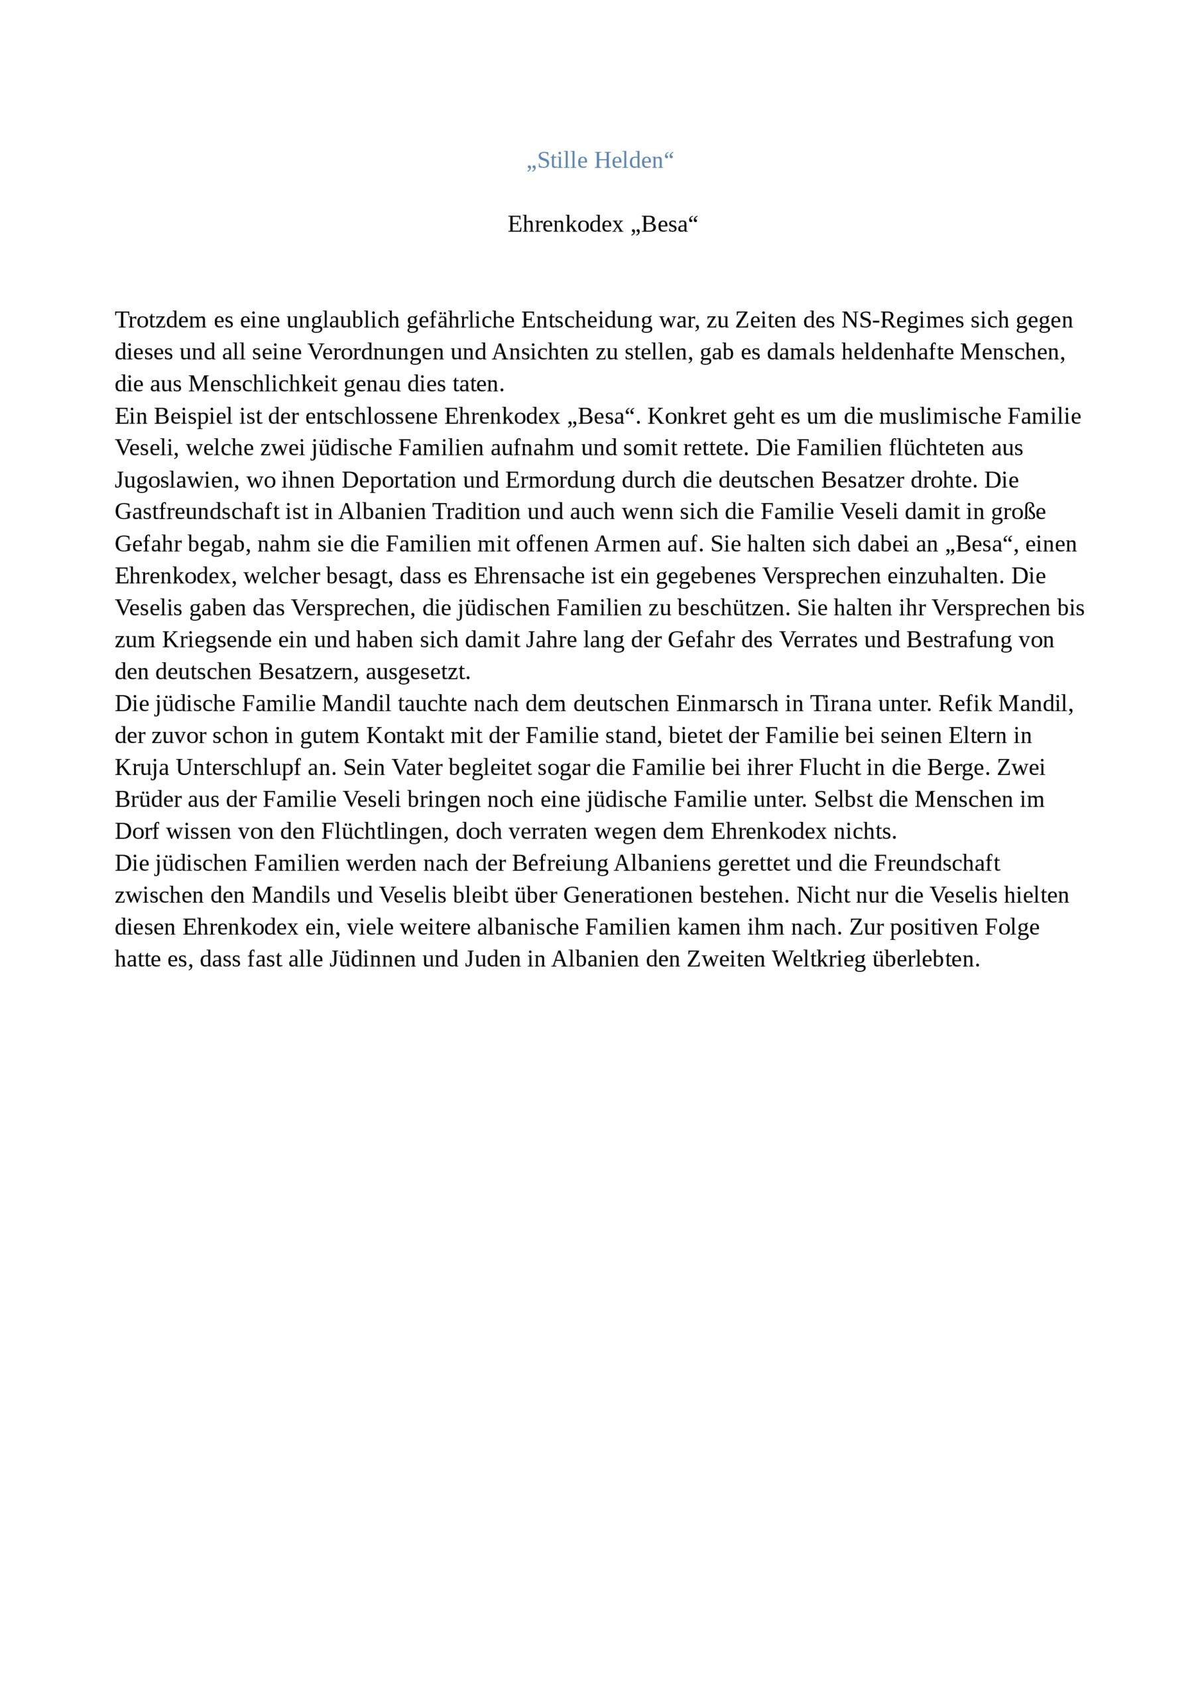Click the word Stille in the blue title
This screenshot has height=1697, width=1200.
point(558,160)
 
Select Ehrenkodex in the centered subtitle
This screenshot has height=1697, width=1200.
point(566,224)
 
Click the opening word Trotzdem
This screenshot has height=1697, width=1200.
point(160,320)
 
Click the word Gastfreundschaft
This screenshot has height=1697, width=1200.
point(197,512)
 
